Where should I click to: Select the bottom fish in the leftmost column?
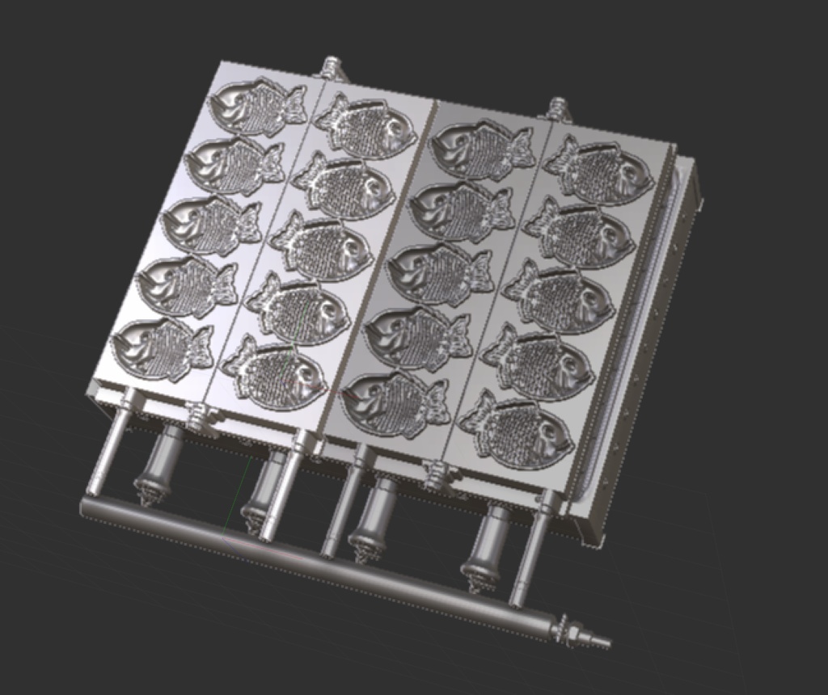(x=162, y=347)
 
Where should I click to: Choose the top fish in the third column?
(x=482, y=149)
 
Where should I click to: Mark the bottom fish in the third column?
(x=395, y=403)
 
